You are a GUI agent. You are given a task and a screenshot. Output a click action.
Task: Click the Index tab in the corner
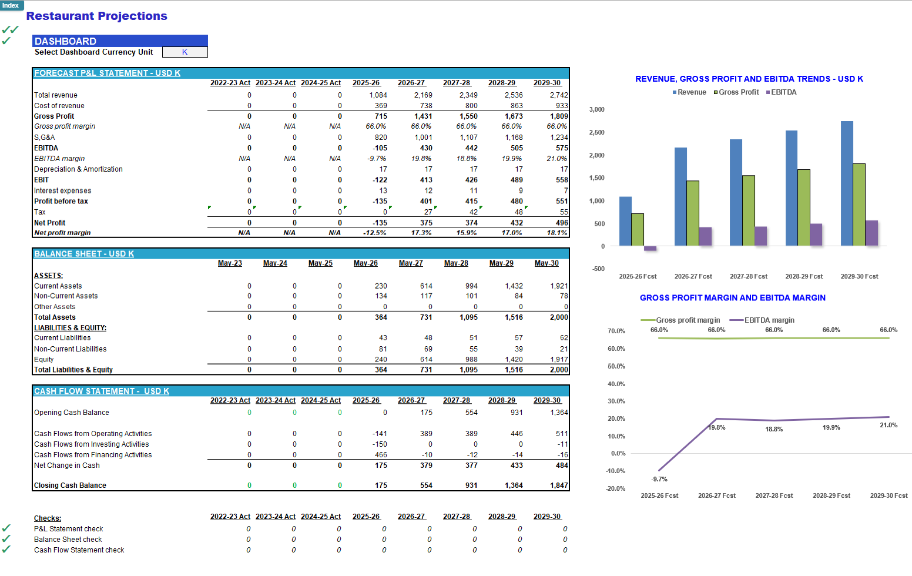point(11,5)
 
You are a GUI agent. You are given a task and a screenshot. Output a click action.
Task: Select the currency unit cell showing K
point(185,52)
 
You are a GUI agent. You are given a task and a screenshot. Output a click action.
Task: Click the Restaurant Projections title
point(97,16)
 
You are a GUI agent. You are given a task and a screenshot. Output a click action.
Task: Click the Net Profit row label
point(50,223)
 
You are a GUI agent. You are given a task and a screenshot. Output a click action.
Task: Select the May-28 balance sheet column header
point(456,263)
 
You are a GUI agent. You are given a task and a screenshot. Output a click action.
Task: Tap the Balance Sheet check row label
point(68,540)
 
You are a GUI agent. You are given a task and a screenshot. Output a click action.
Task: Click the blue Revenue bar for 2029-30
point(847,183)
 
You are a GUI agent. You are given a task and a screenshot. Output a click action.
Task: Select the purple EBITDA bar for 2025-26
point(650,248)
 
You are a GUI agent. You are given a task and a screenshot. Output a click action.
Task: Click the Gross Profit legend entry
point(736,92)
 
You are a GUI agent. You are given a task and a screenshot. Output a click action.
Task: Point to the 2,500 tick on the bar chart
point(596,132)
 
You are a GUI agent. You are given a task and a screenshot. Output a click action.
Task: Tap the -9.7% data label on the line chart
point(659,479)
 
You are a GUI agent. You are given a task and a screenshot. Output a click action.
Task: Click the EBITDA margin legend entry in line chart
point(762,320)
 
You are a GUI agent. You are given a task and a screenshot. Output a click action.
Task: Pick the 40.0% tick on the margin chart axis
point(616,384)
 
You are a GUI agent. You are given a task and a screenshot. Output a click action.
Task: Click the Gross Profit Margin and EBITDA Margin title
point(732,298)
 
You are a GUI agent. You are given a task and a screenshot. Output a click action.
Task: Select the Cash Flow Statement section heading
point(102,391)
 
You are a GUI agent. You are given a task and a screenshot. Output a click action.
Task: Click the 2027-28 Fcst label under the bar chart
point(748,276)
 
